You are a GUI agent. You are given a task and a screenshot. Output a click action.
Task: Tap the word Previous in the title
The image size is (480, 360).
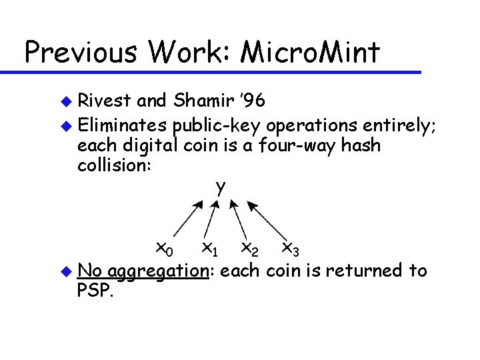pyautogui.click(x=77, y=52)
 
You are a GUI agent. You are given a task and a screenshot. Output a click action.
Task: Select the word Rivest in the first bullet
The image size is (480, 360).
pyautogui.click(x=103, y=101)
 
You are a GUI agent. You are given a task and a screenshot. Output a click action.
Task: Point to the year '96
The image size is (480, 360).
pyautogui.click(x=253, y=101)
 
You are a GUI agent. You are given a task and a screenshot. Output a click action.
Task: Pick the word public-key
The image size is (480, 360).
pyautogui.click(x=212, y=124)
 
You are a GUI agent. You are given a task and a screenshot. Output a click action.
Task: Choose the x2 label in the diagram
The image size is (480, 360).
pyautogui.click(x=250, y=249)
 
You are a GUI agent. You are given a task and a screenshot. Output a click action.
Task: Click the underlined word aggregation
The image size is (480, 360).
pyautogui.click(x=158, y=271)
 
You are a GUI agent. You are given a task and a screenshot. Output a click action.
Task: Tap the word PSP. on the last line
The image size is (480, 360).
pyautogui.click(x=96, y=291)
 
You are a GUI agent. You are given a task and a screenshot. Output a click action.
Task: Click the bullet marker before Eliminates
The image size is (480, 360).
pyautogui.click(x=65, y=125)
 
